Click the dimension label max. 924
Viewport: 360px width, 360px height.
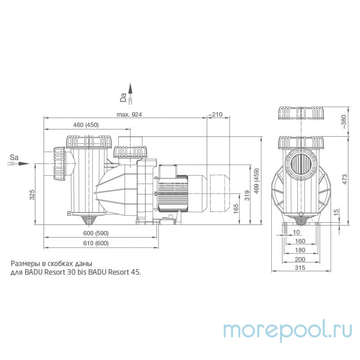129,115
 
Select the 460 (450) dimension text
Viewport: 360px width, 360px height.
85,125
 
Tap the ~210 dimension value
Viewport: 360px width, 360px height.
216,115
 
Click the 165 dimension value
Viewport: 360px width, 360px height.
235,209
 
